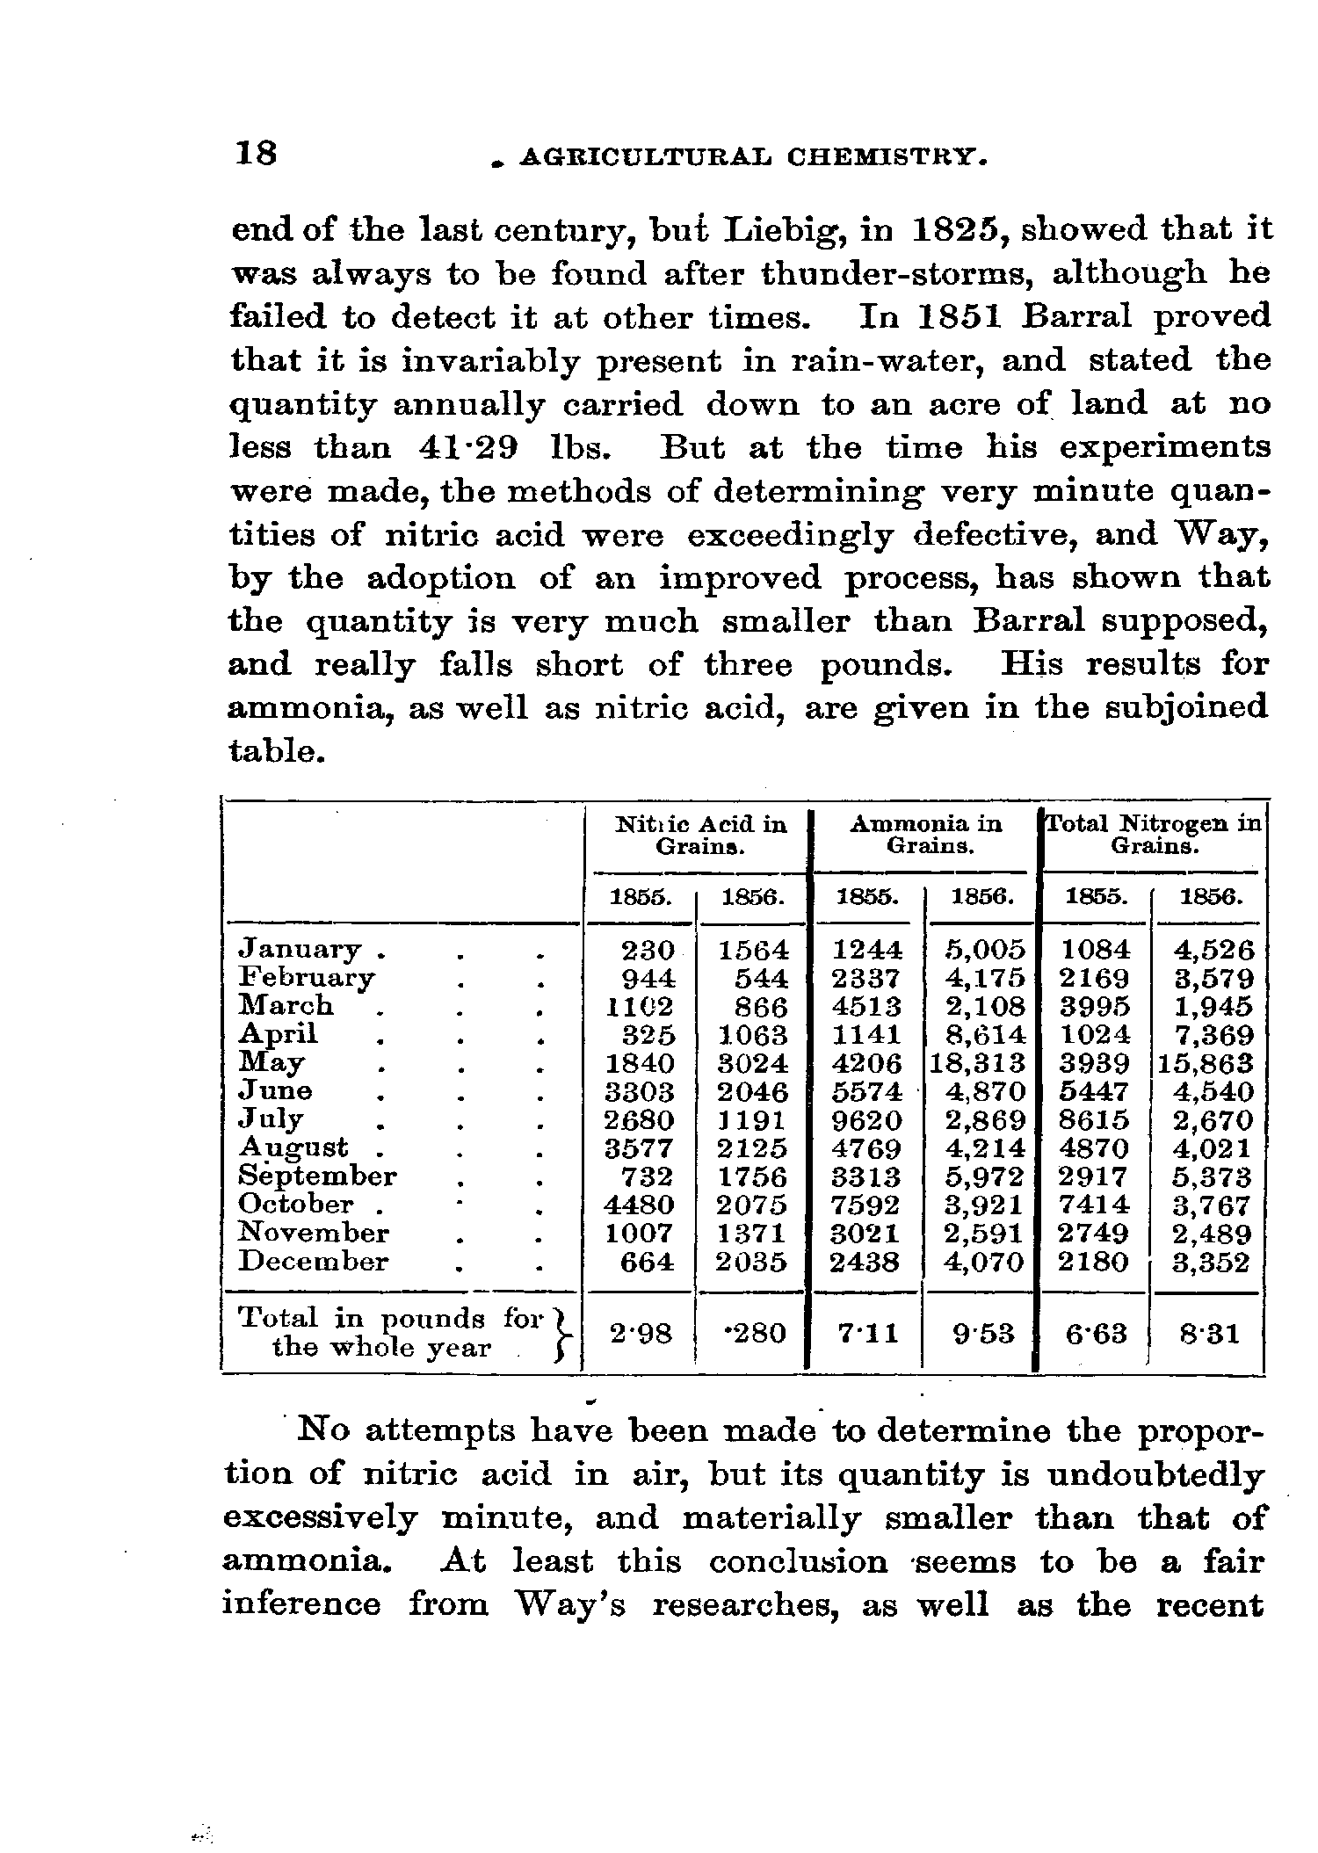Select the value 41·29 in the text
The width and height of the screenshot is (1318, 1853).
point(467,448)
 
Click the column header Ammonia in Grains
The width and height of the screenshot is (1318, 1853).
point(926,835)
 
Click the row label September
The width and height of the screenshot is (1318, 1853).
point(318,1176)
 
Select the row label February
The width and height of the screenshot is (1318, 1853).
point(308,978)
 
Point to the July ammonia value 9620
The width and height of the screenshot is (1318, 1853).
point(867,1121)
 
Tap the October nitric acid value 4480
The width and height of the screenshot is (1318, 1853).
point(641,1205)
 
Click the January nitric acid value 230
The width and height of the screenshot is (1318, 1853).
point(648,951)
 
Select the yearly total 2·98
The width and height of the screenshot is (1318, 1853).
point(641,1334)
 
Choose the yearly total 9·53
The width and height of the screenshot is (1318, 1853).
point(983,1334)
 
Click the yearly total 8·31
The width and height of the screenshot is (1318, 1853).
point(1210,1335)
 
